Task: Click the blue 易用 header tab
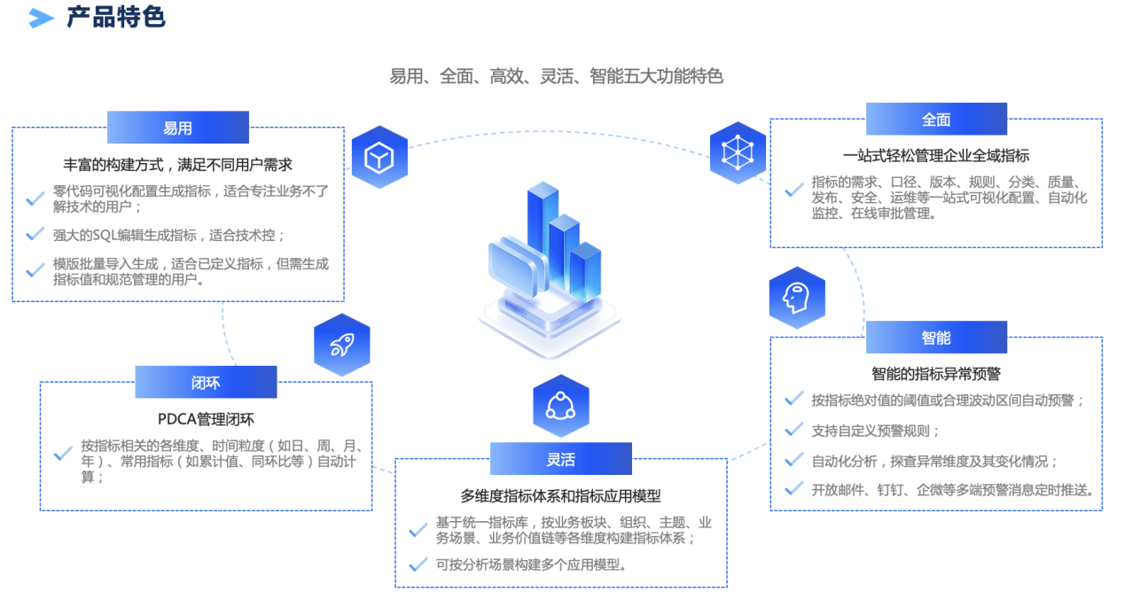tap(177, 128)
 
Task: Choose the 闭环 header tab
tap(206, 383)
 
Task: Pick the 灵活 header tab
tap(560, 459)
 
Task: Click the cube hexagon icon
tap(379, 158)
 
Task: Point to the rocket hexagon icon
tap(341, 345)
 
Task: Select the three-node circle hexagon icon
tap(560, 406)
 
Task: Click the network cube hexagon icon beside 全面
tap(738, 152)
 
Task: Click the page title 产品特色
tap(116, 17)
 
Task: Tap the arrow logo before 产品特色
tap(41, 18)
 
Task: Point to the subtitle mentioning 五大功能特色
tap(556, 76)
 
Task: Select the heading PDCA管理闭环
tap(206, 419)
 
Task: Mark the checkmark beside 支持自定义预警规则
tap(794, 431)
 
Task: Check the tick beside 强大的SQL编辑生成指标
tap(35, 235)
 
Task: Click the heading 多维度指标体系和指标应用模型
tap(560, 496)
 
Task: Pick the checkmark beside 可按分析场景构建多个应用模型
tap(418, 564)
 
